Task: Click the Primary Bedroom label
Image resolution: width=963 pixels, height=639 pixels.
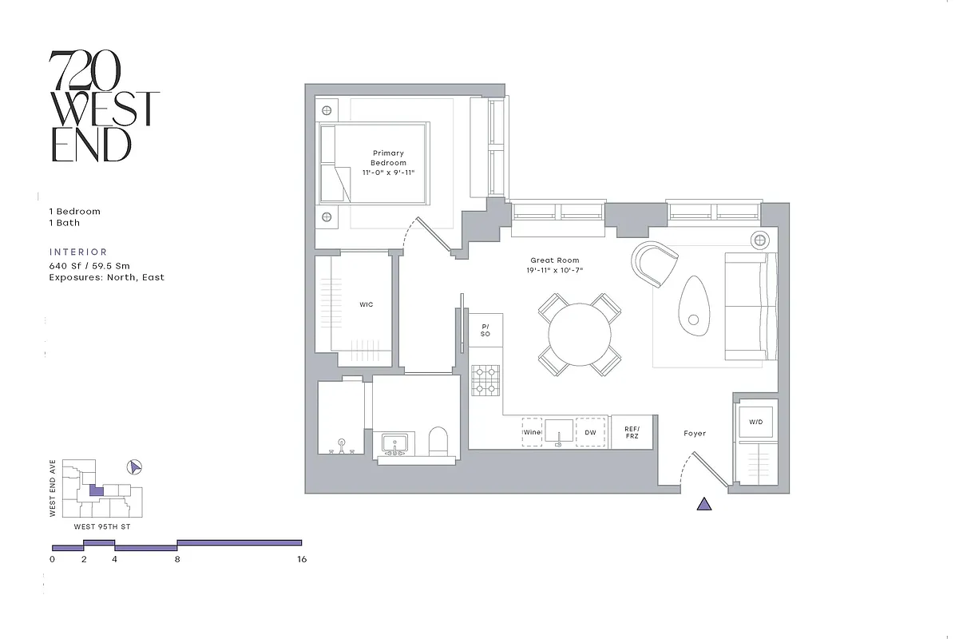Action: (388, 157)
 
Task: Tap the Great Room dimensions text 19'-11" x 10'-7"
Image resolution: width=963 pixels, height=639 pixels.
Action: (557, 271)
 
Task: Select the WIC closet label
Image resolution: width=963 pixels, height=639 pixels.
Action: (366, 304)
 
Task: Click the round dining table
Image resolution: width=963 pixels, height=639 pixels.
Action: (580, 334)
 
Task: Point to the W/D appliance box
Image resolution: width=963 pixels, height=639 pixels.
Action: (755, 421)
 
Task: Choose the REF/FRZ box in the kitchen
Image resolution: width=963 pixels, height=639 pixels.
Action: (632, 432)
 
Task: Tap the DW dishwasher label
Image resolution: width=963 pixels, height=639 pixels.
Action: (590, 432)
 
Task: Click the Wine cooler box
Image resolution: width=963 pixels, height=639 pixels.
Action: (532, 432)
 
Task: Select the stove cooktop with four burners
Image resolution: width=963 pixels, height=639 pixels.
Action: (485, 380)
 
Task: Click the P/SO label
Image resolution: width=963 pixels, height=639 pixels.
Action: (485, 330)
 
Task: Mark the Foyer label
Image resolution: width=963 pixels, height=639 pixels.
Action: (695, 433)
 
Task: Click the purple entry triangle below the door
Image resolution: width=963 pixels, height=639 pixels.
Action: (703, 503)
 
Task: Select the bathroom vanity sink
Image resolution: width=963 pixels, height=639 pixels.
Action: (394, 443)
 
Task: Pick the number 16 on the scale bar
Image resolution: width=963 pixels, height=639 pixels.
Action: (301, 560)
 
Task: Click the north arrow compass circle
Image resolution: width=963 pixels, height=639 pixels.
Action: (135, 466)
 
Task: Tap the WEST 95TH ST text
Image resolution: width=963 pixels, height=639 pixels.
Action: (102, 527)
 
